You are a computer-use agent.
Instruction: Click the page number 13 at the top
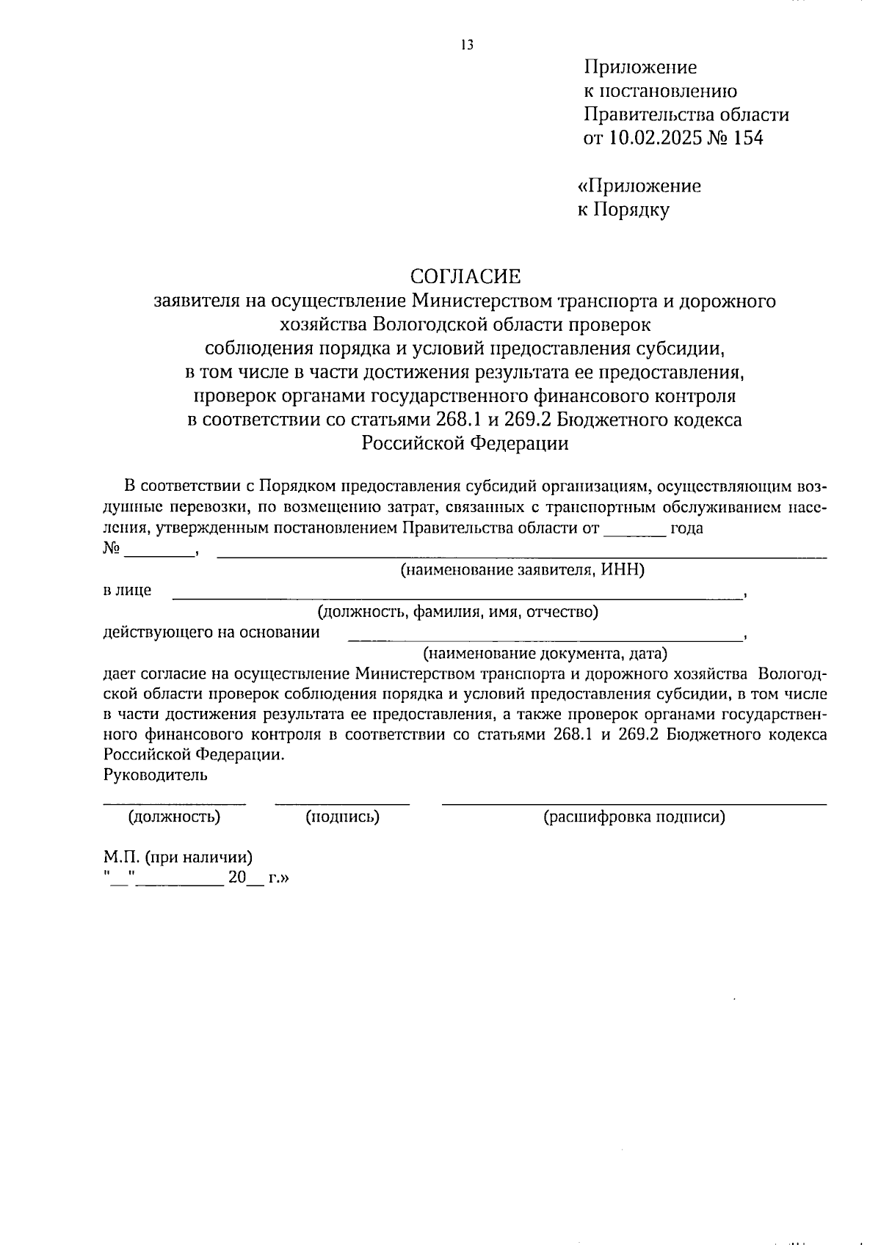point(468,45)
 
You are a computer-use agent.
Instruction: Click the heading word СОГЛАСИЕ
point(465,276)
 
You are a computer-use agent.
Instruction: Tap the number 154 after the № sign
point(747,138)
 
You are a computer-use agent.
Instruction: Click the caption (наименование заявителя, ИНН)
point(522,570)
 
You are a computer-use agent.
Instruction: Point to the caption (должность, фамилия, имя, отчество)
point(457,612)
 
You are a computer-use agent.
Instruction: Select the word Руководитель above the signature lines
point(156,774)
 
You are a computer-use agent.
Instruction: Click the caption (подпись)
point(342,817)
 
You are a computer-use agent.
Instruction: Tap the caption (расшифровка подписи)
point(634,817)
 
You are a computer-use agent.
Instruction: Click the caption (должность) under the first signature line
point(174,817)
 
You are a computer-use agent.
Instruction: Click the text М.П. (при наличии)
point(178,857)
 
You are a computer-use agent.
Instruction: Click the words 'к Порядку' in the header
point(623,210)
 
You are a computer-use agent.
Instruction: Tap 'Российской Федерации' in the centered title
point(465,443)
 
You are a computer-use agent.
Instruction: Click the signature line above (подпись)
point(342,804)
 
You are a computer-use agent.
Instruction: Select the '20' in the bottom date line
point(236,877)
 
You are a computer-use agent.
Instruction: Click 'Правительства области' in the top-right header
point(686,114)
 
